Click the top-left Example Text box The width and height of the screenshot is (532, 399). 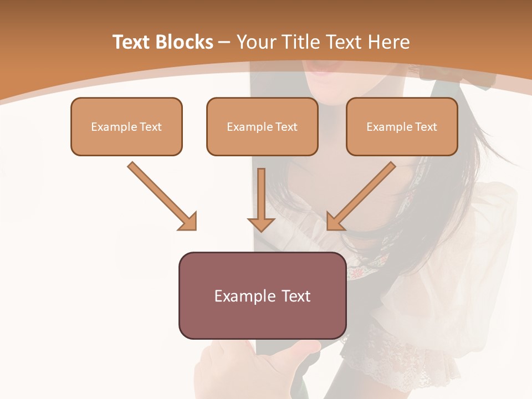click(x=126, y=126)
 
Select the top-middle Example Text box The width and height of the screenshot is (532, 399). click(x=262, y=126)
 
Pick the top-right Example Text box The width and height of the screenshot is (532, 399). click(x=402, y=126)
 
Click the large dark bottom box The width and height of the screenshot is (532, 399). click(x=262, y=295)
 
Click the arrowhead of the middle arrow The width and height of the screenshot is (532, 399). click(x=262, y=223)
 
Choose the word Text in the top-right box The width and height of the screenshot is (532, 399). click(x=426, y=127)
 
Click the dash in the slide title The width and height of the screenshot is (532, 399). click(x=224, y=42)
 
